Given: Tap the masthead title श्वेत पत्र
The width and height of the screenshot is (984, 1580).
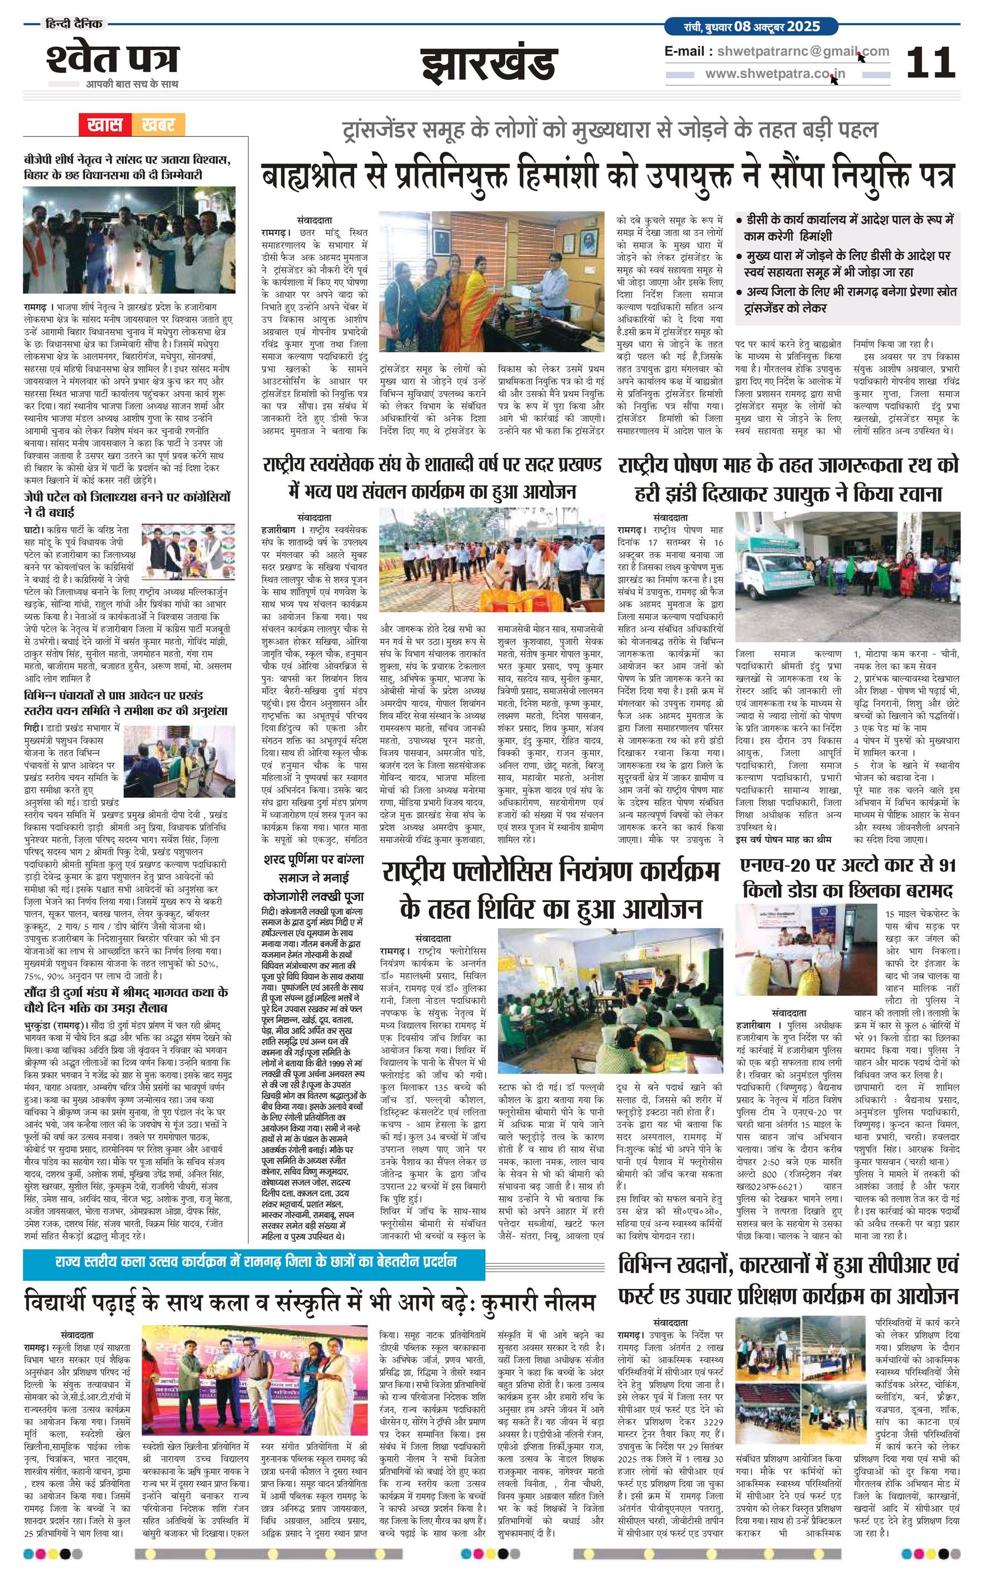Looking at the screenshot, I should coord(112,59).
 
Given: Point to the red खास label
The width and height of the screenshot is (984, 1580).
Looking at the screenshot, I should coord(105,124).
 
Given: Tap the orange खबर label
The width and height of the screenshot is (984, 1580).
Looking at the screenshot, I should coord(158,124).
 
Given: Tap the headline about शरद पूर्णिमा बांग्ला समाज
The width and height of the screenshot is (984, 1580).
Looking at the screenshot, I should coord(313,877).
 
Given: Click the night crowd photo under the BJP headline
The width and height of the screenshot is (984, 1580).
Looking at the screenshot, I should coord(129,240).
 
